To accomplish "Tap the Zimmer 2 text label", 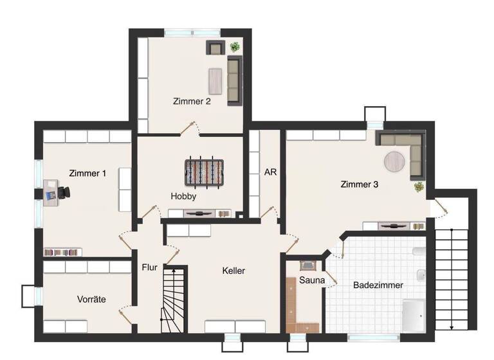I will (191, 102).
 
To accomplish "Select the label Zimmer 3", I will (359, 184).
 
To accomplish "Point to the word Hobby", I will (183, 196).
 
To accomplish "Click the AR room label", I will (270, 173).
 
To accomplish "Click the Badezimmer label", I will (378, 285).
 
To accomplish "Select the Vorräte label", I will (91, 299).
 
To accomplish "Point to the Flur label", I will (149, 267).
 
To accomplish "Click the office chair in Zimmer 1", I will (65, 191).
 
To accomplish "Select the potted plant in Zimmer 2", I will (235, 47).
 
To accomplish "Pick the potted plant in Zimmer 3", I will (419, 186).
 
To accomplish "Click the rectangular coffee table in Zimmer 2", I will (214, 80).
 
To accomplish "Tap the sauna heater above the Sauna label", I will (307, 264).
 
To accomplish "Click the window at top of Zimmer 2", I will (192, 32).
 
